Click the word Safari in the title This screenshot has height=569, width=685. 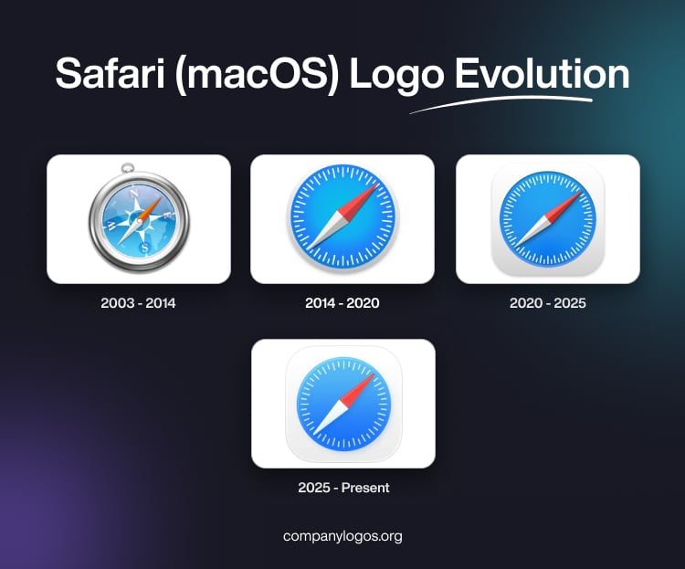tap(107, 74)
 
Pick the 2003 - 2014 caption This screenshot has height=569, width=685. tap(138, 302)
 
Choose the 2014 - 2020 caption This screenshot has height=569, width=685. tap(342, 302)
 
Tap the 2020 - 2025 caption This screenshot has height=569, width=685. tap(547, 302)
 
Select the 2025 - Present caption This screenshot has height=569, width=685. tap(343, 488)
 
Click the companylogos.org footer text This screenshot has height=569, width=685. tap(342, 536)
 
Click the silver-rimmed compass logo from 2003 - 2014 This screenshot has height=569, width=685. tap(139, 222)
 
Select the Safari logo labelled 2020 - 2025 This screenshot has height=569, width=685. tap(547, 219)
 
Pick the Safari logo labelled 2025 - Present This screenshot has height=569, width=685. tap(343, 405)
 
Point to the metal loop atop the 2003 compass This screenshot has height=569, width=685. tap(128, 168)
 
